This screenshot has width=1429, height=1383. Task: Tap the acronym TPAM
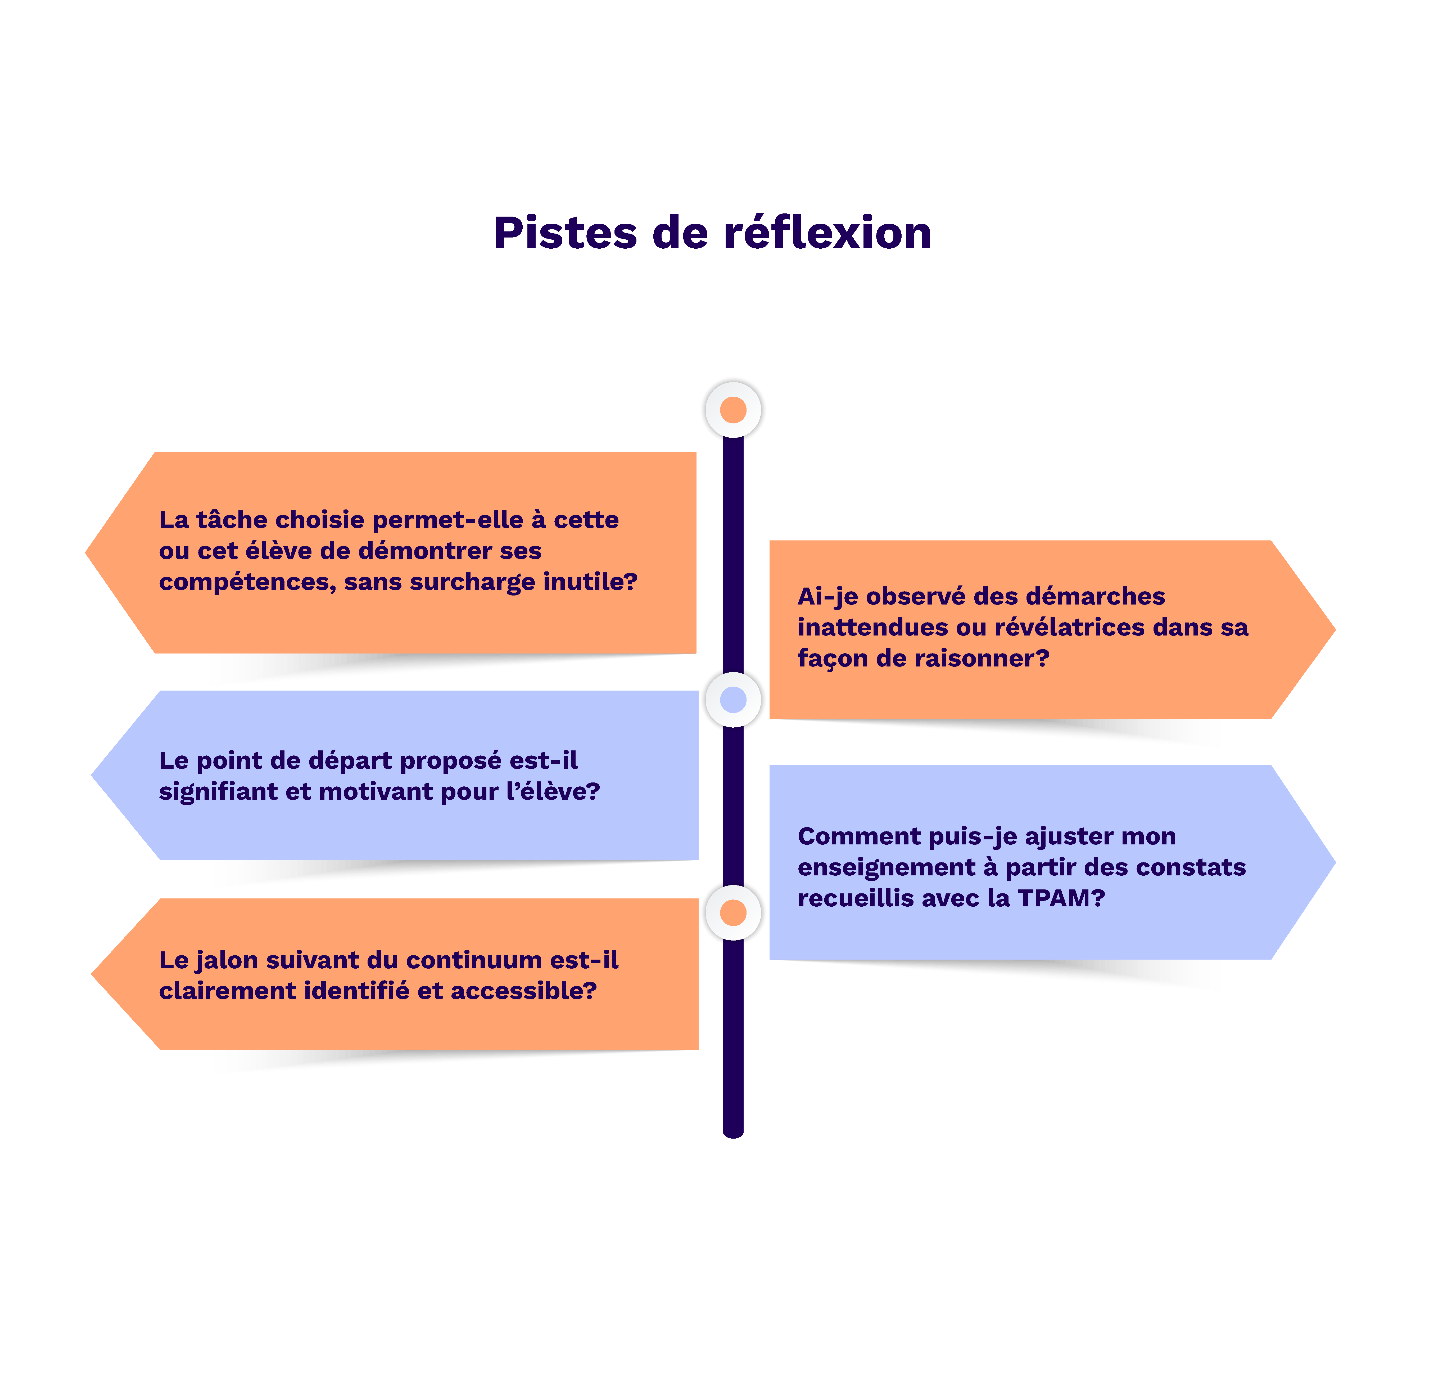pos(1059,899)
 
